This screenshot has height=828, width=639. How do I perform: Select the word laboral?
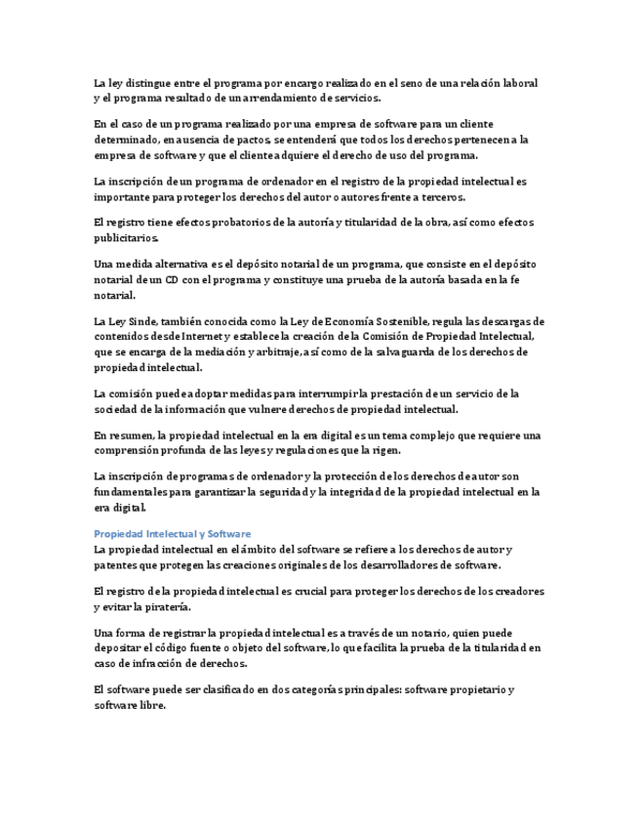tap(518, 83)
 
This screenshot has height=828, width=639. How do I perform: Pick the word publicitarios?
tap(125, 237)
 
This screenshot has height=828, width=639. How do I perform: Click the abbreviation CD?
tap(171, 279)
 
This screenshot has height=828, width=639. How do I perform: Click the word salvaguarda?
tap(458, 352)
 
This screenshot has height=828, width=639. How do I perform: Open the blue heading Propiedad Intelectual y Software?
tap(172, 534)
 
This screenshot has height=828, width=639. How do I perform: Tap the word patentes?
tap(115, 564)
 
